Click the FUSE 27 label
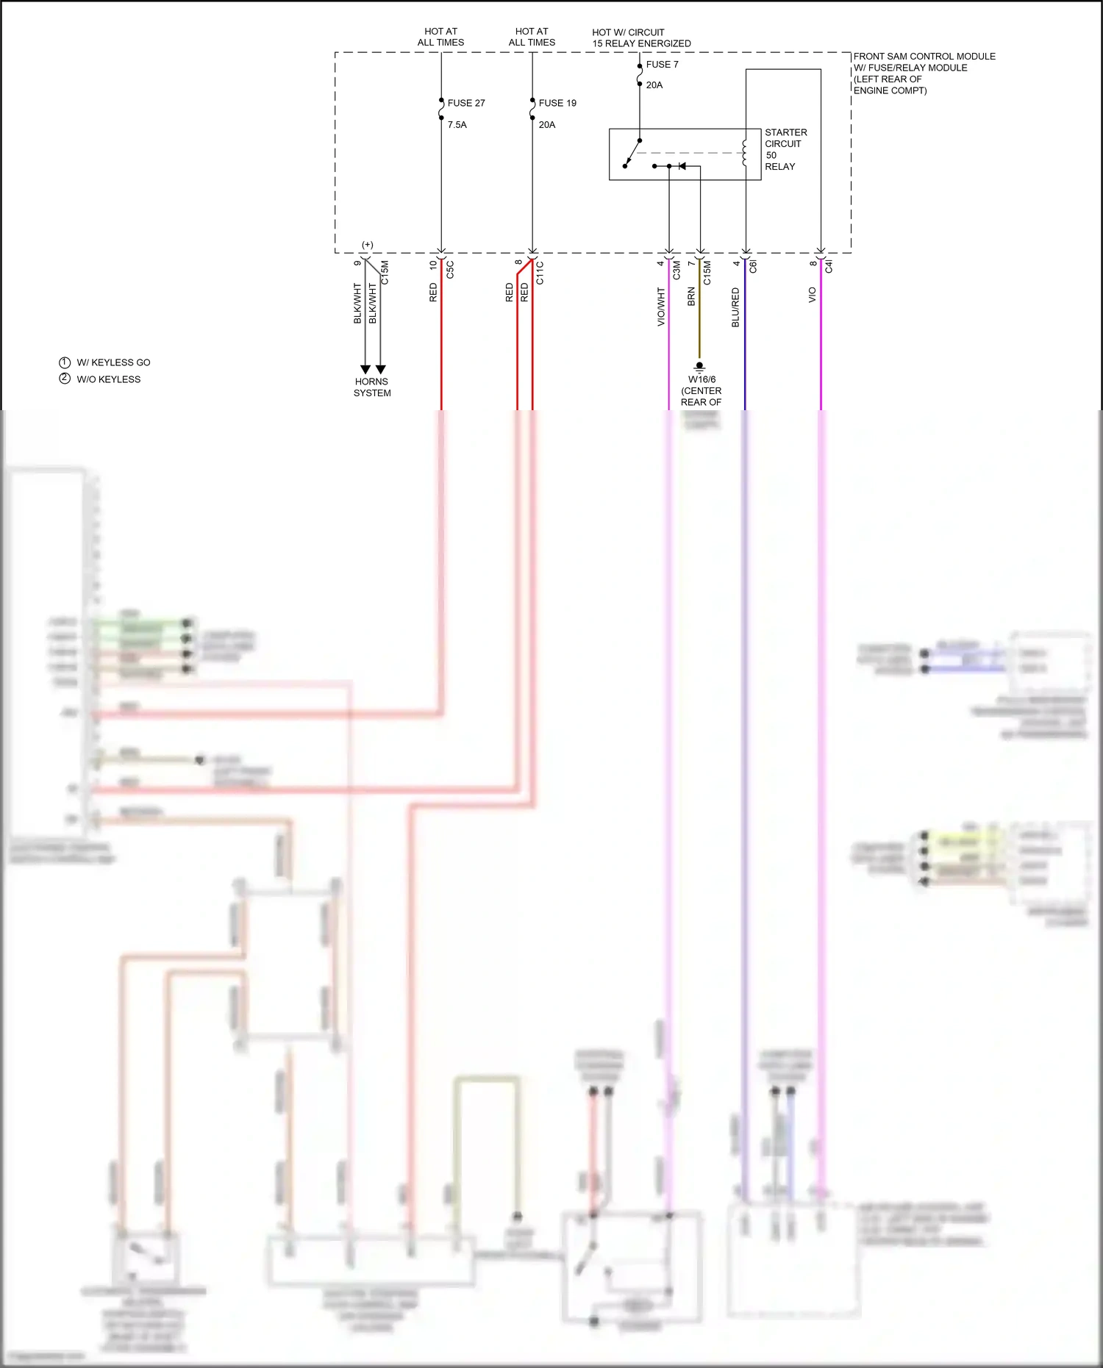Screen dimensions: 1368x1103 465,103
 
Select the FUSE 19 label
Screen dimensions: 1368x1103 557,103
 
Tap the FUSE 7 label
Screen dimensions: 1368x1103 662,65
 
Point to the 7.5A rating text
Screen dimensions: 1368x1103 457,125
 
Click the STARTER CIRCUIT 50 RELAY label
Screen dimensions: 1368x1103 785,149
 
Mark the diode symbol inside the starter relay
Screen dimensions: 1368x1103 682,166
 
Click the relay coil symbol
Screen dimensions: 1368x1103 744,153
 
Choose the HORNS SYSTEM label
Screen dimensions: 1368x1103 372,387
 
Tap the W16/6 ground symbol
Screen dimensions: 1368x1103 699,365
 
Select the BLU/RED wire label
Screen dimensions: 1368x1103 735,307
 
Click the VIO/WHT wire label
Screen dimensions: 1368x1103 660,307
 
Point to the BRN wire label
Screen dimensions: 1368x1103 691,297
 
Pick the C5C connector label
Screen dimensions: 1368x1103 450,270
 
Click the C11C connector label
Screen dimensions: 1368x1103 540,273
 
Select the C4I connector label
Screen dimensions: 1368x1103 829,266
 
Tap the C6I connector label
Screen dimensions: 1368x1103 753,266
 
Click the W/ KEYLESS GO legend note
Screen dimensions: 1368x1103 113,362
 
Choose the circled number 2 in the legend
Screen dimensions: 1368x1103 65,379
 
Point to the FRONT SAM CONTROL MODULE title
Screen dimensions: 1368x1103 924,57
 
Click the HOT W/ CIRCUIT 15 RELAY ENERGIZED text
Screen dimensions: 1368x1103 640,37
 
